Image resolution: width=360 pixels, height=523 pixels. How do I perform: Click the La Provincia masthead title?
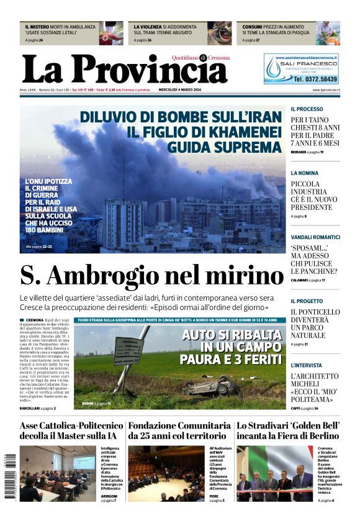pos(124,70)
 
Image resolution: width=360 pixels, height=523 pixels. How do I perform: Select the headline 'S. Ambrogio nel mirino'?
pos(151,275)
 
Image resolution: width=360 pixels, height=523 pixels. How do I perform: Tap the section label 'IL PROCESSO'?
pos(307,109)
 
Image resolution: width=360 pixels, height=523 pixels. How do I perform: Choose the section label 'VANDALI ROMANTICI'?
pos(315,237)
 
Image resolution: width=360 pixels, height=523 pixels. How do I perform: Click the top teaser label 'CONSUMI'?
pos(252,27)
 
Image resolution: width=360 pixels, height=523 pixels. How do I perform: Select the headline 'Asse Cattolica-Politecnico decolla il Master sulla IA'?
pos(71,430)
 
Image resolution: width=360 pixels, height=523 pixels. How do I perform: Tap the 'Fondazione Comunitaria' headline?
pos(179,426)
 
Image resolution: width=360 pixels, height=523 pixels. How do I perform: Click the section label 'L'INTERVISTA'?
pos(307,366)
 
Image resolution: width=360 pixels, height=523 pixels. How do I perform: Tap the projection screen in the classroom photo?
pos(84,462)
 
